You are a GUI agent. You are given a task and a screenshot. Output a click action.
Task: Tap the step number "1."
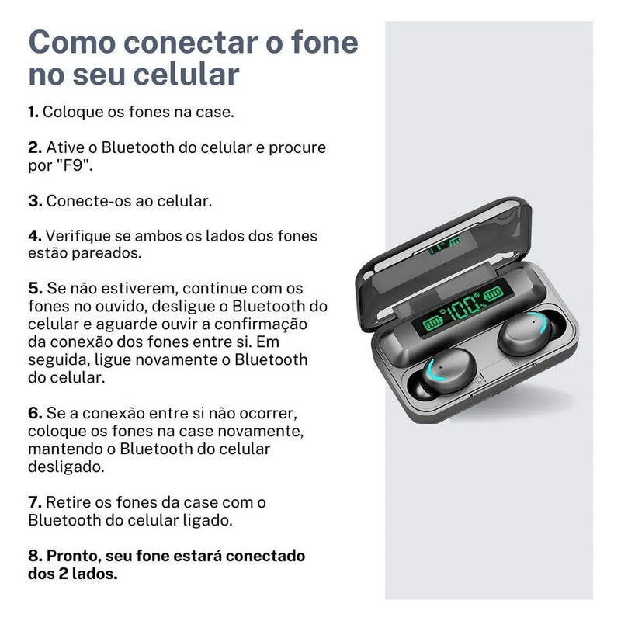[x=33, y=112]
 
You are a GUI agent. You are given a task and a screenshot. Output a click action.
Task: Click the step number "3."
[x=35, y=200]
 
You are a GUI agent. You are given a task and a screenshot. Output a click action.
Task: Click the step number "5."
[x=35, y=289]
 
